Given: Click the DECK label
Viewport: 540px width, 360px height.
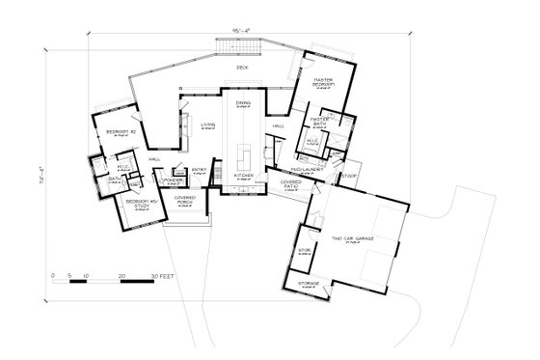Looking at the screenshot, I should point(242,68).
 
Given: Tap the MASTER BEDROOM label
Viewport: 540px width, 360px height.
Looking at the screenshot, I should point(323,84).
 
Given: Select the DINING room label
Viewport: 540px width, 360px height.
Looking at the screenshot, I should point(243,102).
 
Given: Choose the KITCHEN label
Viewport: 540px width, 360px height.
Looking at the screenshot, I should point(242,177).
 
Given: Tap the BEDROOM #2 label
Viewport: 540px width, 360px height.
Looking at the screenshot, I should point(121,129).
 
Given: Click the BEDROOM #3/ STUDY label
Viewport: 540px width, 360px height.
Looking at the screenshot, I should point(134,205).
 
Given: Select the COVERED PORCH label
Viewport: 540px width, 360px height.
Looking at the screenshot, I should point(185,201).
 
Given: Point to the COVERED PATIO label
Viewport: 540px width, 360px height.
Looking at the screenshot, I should point(292,182).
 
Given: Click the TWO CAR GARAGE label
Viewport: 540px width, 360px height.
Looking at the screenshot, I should point(352,237).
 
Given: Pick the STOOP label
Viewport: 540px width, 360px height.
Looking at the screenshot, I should point(348,177).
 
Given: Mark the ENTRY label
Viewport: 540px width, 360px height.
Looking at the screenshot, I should point(201,170).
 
